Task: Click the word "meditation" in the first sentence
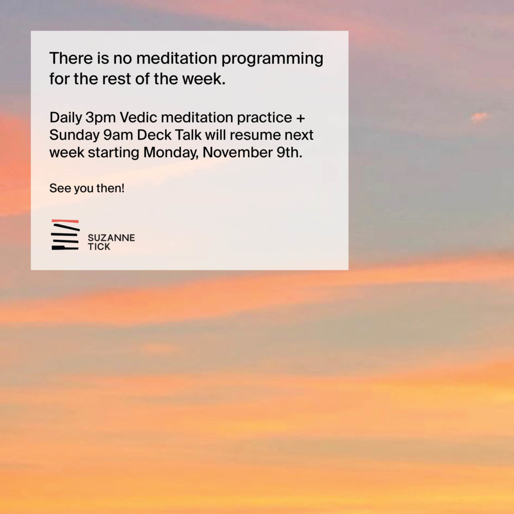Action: click(177, 58)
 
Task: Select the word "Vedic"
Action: click(139, 117)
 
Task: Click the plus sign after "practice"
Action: click(300, 118)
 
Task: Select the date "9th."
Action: click(289, 153)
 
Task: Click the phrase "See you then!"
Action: click(87, 189)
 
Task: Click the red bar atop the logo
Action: click(65, 221)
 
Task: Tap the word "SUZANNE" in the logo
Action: click(111, 237)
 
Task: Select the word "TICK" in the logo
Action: click(99, 247)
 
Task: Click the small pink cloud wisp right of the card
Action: click(479, 117)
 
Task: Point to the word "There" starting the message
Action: click(71, 58)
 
